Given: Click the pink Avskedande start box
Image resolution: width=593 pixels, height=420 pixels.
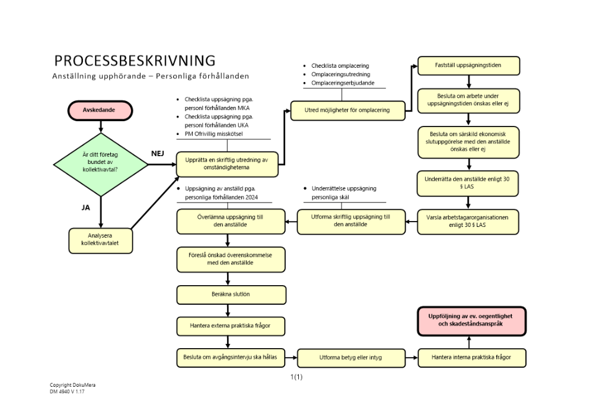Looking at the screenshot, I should (x=100, y=110).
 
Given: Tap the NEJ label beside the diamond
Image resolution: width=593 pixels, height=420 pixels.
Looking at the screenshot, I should (x=158, y=153).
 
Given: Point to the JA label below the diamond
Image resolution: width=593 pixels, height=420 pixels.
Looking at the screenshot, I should (x=85, y=209).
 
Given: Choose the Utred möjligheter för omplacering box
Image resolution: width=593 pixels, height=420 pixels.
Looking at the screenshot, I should (x=347, y=110).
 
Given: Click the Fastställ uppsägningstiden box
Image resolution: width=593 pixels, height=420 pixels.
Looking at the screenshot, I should (x=468, y=65).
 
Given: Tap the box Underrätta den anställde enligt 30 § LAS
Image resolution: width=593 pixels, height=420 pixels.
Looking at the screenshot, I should (x=468, y=183).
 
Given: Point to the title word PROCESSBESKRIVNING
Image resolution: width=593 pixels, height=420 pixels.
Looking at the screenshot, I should (x=135, y=61).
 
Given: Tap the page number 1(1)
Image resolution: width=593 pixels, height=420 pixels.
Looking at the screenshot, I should (x=296, y=377).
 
